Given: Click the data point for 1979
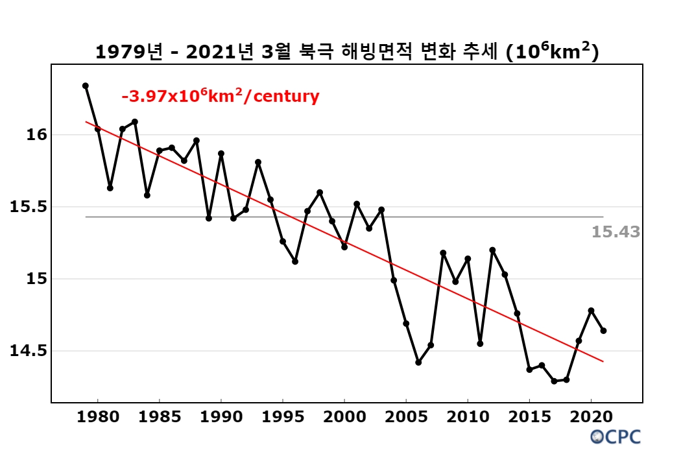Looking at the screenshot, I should pyautogui.click(x=86, y=86).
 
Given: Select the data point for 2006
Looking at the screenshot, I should pyautogui.click(x=418, y=363).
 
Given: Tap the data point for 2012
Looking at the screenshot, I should pyautogui.click(x=492, y=250).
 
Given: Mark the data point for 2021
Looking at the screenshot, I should pyautogui.click(x=603, y=331).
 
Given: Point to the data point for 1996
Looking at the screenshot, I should pyautogui.click(x=295, y=261).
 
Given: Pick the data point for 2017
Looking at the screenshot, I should pyautogui.click(x=554, y=381).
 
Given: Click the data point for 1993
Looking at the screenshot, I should pyautogui.click(x=258, y=162).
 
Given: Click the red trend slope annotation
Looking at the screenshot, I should pyautogui.click(x=221, y=97).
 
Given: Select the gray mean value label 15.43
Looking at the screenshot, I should pyautogui.click(x=616, y=232).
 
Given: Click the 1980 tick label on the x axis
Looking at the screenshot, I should pyautogui.click(x=98, y=416).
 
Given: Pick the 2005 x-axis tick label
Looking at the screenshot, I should pyautogui.click(x=406, y=416).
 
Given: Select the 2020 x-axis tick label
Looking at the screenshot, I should pyautogui.click(x=591, y=416).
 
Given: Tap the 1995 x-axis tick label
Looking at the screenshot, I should pyautogui.click(x=283, y=416).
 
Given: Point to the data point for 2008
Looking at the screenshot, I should pyautogui.click(x=443, y=253).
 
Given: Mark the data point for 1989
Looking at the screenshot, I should pyautogui.click(x=209, y=218).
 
